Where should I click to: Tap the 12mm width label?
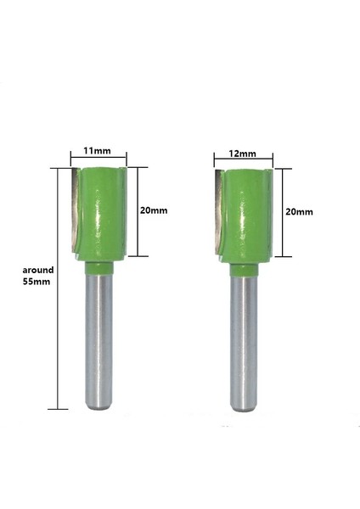coord(243,154)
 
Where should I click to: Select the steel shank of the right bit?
coord(244,339)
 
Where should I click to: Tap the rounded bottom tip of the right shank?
coord(244,407)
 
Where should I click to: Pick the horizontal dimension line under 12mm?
coord(243,161)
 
